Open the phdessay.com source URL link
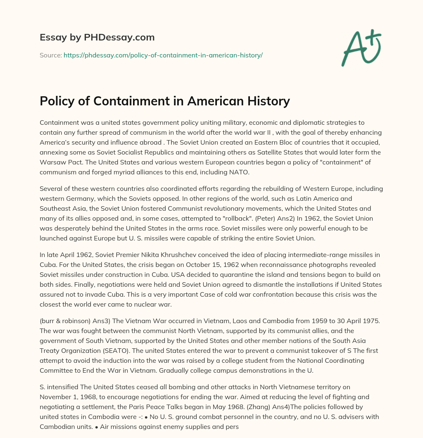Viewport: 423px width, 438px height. [x=163, y=55]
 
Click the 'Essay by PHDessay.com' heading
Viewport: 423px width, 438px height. [x=97, y=38]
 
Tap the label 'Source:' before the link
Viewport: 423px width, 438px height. [x=50, y=55]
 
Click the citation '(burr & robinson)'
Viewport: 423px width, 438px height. [x=66, y=321]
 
